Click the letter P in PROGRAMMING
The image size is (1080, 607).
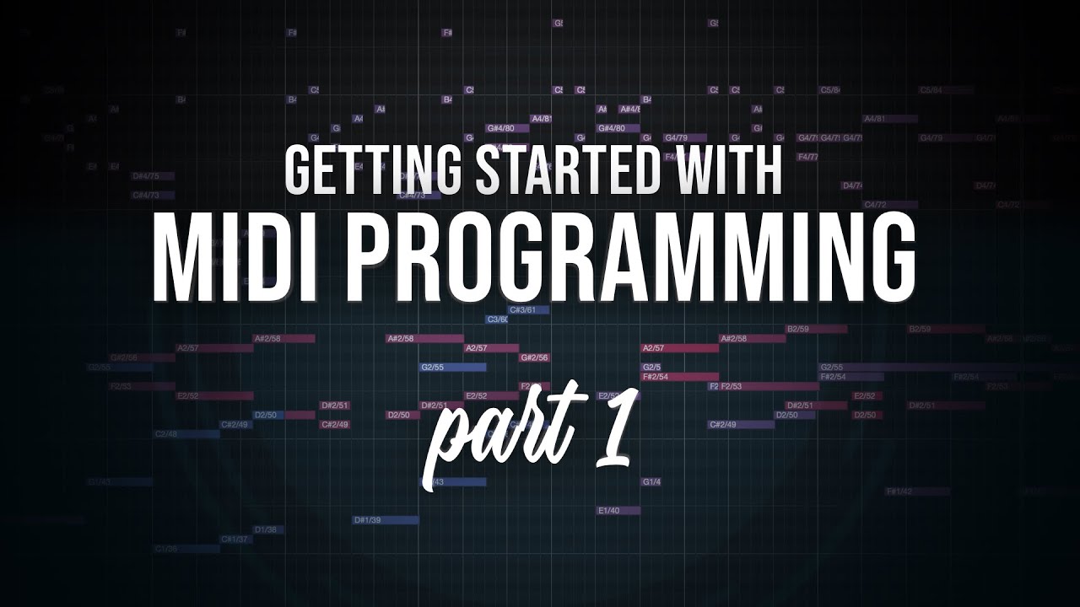click(x=376, y=253)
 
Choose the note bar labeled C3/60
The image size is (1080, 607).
click(x=498, y=320)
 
